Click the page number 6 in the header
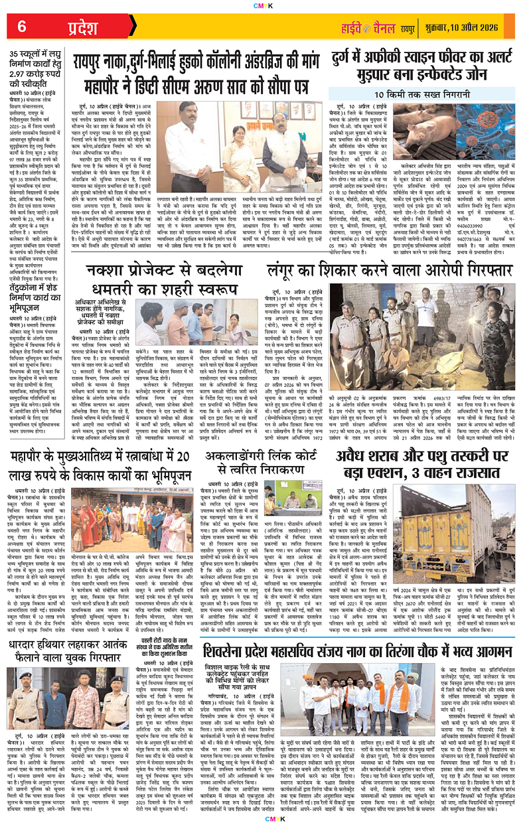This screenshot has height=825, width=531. (21, 26)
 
